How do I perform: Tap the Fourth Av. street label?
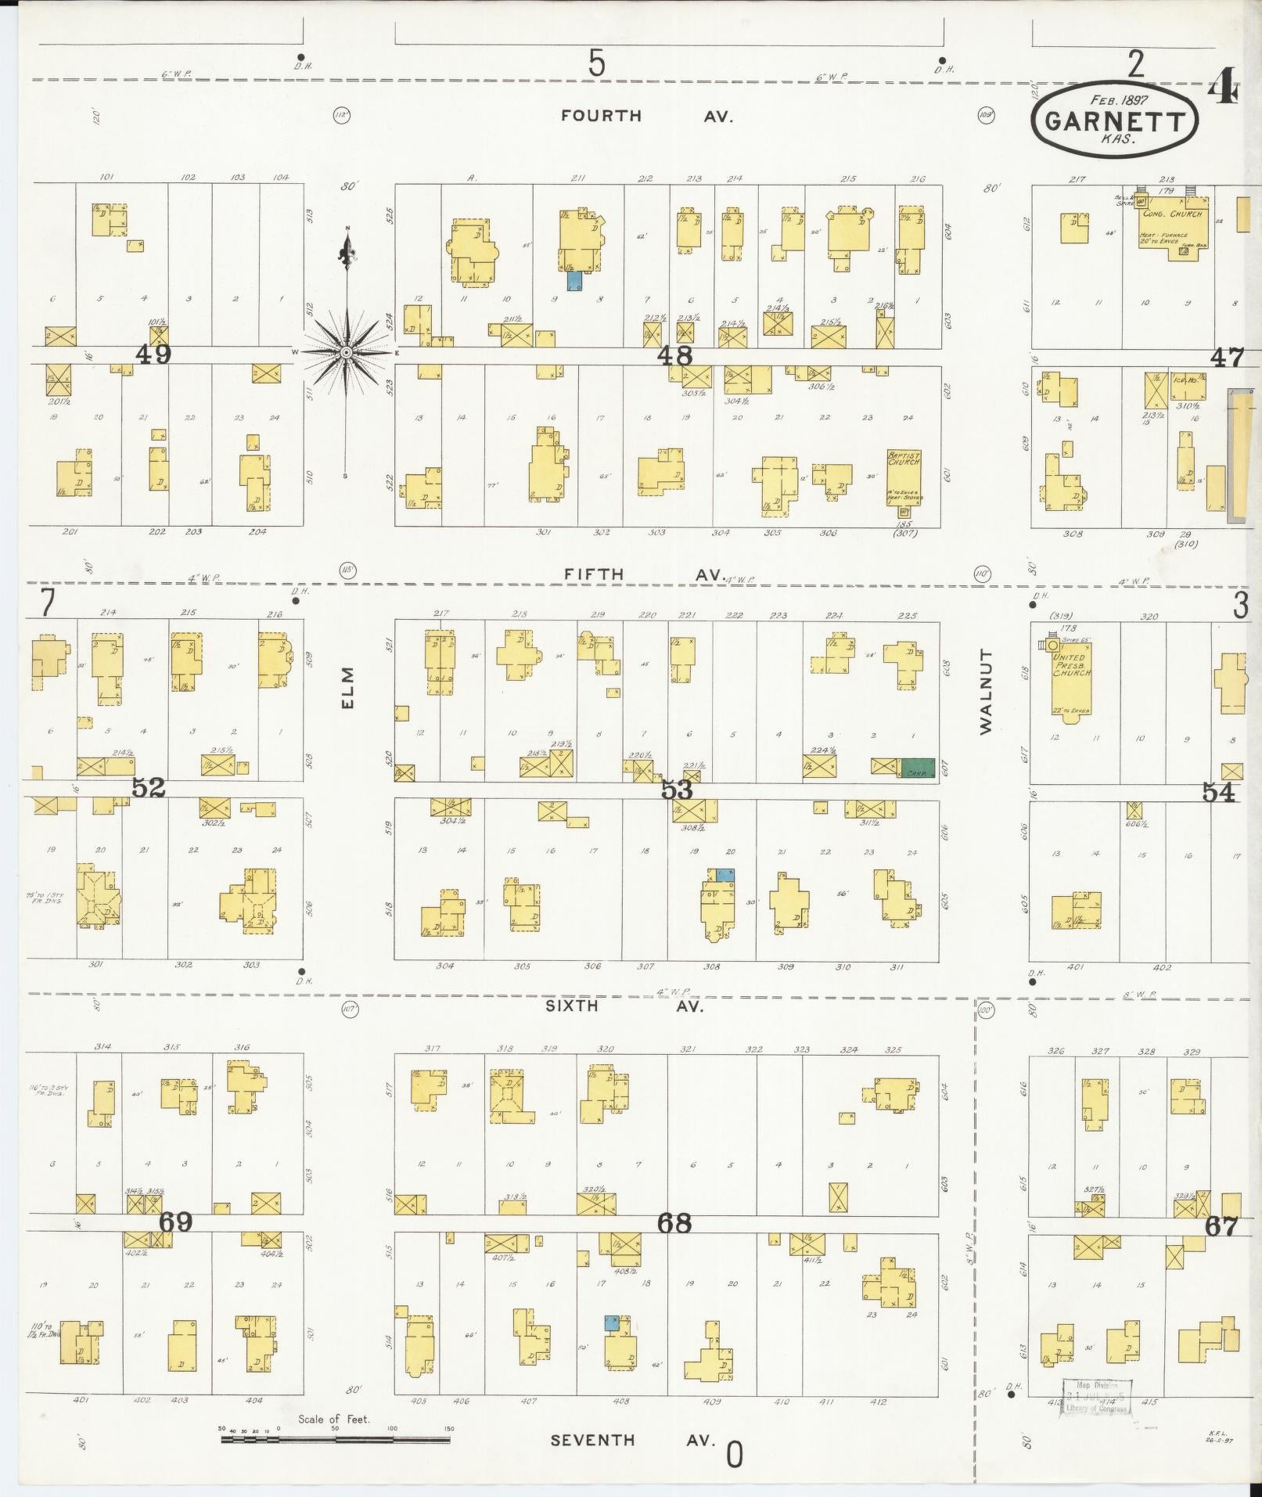coord(646,116)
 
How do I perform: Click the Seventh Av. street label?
coord(632,1440)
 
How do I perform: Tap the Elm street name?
coord(348,687)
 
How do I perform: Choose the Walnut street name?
coord(985,690)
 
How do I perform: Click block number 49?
coord(153,354)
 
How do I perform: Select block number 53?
coord(677,790)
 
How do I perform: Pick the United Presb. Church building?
coord(1071,675)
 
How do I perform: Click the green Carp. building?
coord(917,768)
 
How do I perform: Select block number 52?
coord(149,788)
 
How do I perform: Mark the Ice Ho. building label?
coord(1185,380)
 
